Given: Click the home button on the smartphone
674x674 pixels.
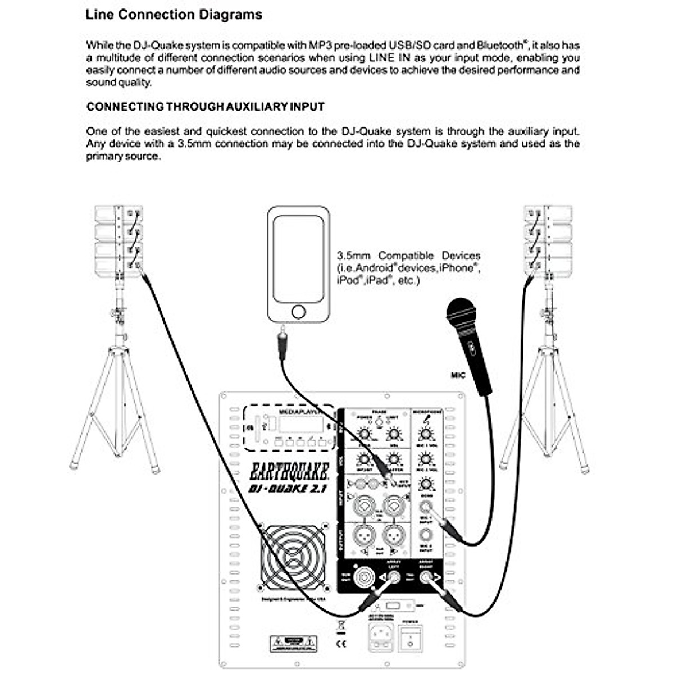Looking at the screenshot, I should point(298,312).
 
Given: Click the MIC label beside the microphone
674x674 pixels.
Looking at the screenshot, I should point(458,375).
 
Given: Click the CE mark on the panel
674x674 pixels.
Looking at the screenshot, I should point(340,644).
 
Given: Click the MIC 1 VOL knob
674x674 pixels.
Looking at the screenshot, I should point(425,434).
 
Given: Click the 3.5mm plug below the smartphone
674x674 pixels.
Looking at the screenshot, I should point(283,345).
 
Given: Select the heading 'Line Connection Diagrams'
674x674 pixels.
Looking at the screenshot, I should point(174,15).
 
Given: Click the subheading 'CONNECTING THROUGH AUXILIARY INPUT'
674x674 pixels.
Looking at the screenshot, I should point(206,107).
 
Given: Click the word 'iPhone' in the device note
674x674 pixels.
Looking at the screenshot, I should point(458,268).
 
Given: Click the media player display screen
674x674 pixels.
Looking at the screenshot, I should point(300,424).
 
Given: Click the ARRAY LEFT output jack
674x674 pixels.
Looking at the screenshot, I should point(394,576).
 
